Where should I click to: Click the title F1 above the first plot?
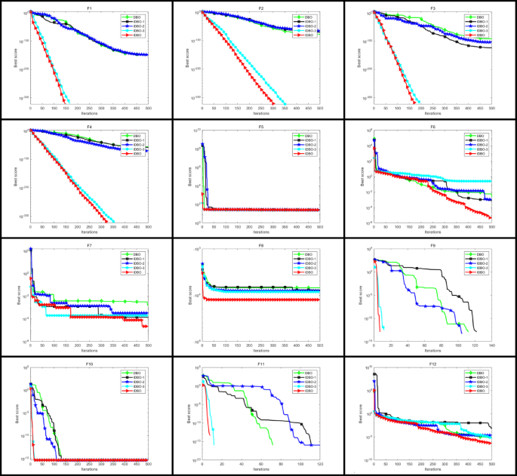pos(89,7)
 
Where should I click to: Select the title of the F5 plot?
pos(260,126)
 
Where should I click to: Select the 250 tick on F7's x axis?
pos(89,347)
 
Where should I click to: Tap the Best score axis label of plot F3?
pos(359,58)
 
